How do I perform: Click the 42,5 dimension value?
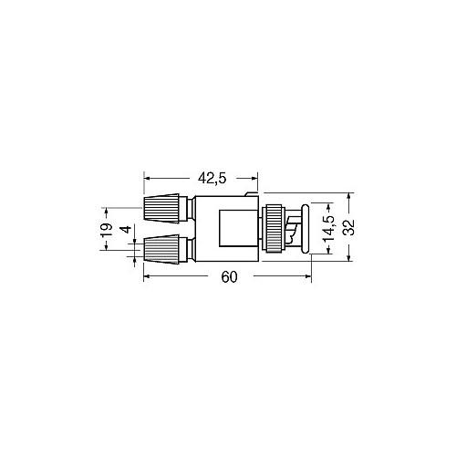pos(212,179)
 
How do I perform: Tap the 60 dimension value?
pos(229,277)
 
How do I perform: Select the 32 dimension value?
pos(350,227)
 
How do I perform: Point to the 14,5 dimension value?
pos(329,228)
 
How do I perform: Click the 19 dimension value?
pos(107,230)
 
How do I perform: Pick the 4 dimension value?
pos(127,229)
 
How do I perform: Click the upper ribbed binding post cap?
pos(161,208)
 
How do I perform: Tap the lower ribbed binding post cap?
pos(161,249)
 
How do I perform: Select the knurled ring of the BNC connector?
pos(275,229)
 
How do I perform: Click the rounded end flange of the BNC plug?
pos(306,229)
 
